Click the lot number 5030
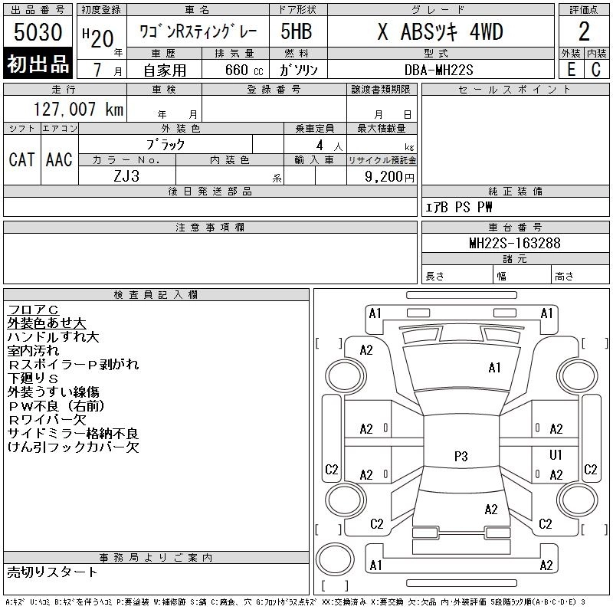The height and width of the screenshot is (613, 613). click(38, 33)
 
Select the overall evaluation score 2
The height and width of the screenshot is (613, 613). click(583, 31)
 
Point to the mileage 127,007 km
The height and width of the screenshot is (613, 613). click(79, 110)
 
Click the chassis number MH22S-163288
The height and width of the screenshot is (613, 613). click(514, 244)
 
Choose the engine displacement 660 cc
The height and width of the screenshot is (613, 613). click(234, 70)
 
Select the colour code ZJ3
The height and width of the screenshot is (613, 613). click(126, 175)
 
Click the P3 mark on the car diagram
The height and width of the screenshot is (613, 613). click(461, 456)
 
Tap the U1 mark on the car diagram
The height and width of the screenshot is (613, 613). click(556, 455)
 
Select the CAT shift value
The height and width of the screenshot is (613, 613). click(21, 159)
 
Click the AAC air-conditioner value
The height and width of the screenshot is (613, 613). click(59, 159)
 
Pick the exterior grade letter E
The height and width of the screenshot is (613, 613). click(571, 69)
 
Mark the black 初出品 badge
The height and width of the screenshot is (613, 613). click(38, 64)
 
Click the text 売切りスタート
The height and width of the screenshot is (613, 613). click(53, 572)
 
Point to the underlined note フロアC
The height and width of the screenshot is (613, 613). click(33, 310)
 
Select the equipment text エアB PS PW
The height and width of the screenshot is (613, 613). click(460, 207)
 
